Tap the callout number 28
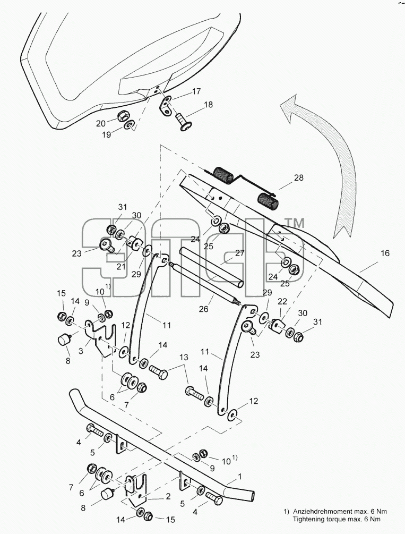(x=298, y=178)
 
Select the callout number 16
(x=385, y=253)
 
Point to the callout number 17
(x=196, y=91)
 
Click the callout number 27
(x=240, y=253)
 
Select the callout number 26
(x=203, y=309)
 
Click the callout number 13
(x=184, y=358)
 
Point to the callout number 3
(x=81, y=351)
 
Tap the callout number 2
(x=168, y=496)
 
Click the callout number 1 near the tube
(x=240, y=477)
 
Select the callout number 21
(x=121, y=267)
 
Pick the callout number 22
(x=282, y=301)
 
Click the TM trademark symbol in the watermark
(x=294, y=223)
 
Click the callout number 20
(x=101, y=123)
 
